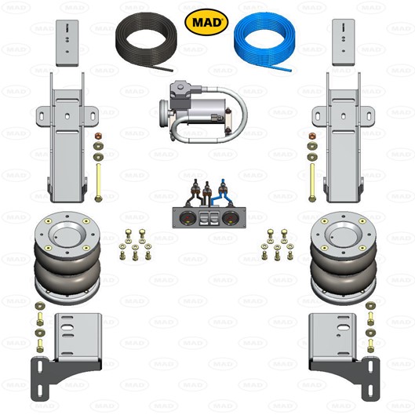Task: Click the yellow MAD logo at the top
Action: tap(207, 21)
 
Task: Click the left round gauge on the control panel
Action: tap(187, 217)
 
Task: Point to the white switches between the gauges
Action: tap(209, 217)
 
